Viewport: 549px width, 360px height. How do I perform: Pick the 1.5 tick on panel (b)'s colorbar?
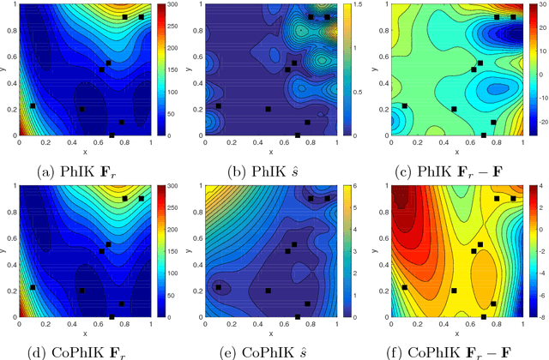pos(353,5)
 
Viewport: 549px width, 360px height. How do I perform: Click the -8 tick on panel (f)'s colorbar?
pos(537,316)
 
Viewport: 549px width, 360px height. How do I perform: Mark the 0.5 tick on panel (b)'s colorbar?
pos(353,93)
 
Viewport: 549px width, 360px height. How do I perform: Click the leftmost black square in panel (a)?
pos(33,105)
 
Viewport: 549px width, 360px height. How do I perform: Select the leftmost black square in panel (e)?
pos(218,287)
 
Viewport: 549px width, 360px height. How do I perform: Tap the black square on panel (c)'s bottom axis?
pos(484,135)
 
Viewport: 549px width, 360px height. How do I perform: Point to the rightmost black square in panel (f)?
pos(513,199)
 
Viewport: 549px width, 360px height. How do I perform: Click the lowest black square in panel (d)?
pos(112,316)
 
